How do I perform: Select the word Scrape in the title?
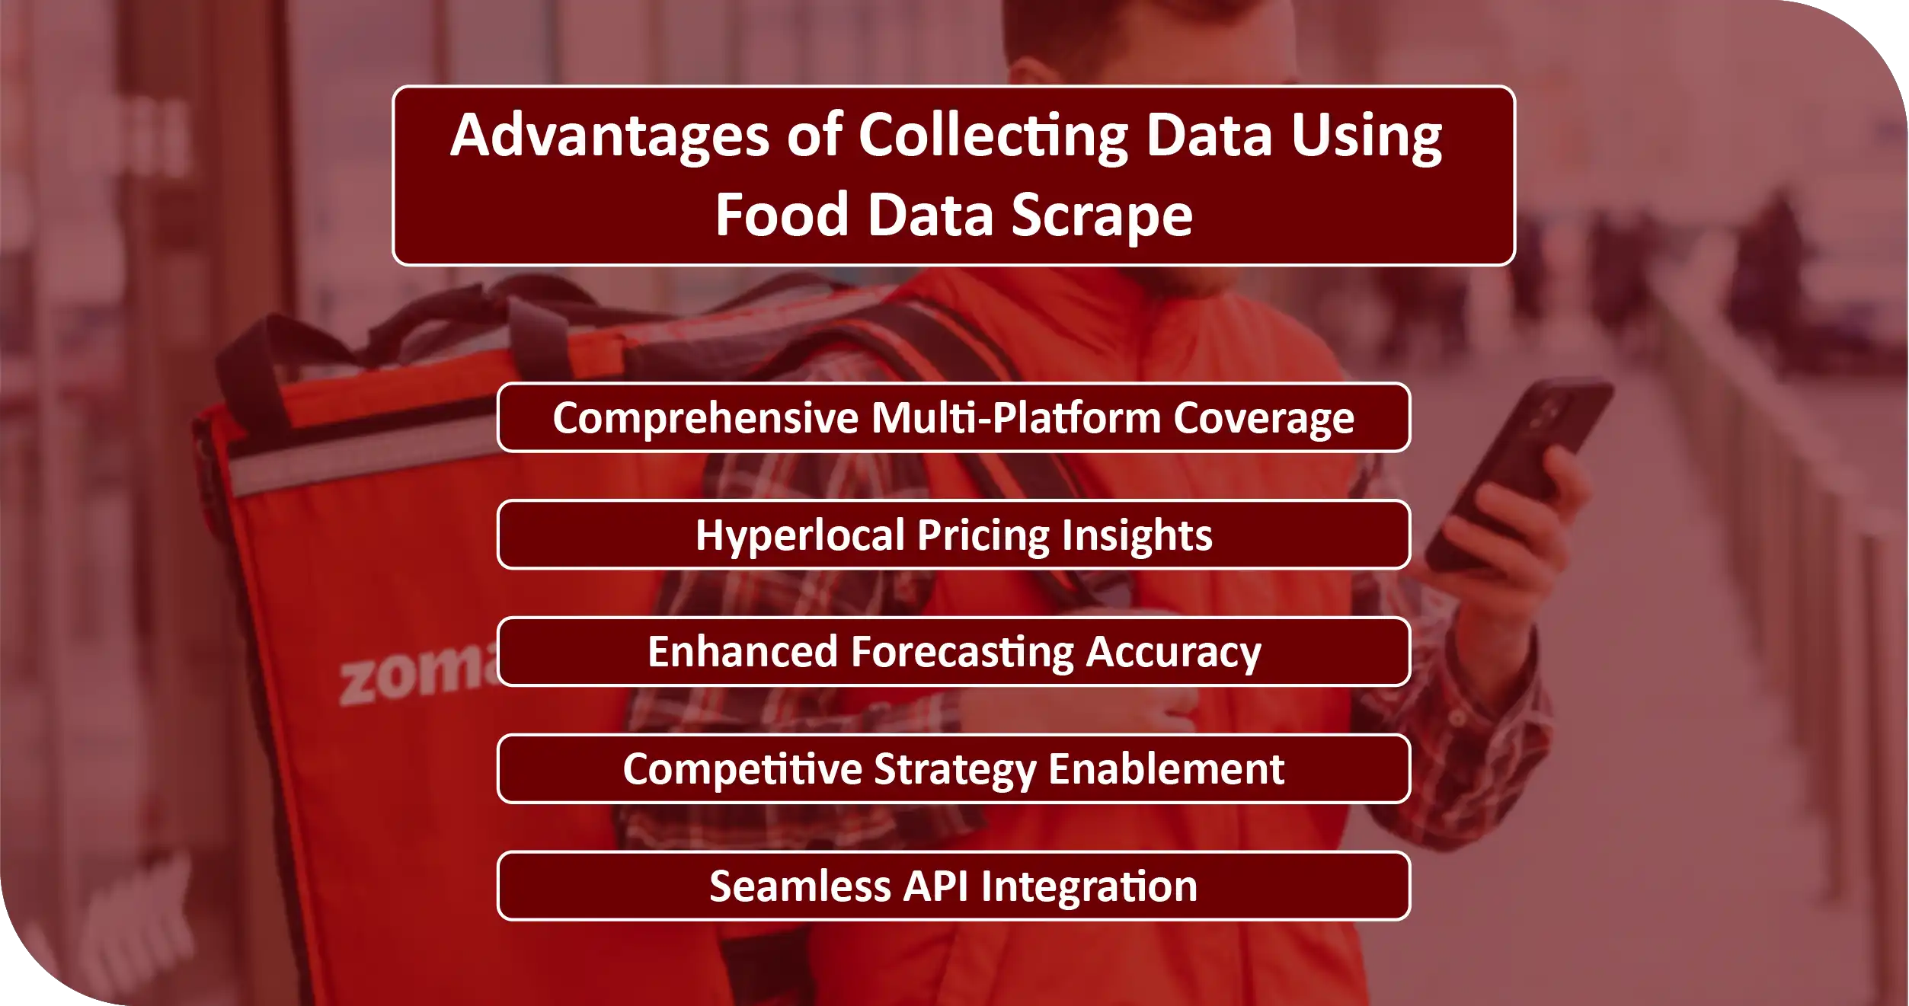[x=1102, y=216]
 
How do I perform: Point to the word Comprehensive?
[x=705, y=419]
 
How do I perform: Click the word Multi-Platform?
[x=1016, y=419]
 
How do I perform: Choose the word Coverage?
[x=1264, y=419]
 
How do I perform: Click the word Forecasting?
[x=962, y=653]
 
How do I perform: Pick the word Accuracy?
[x=1173, y=653]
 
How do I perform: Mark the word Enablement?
[x=1166, y=769]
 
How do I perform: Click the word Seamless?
[x=800, y=886]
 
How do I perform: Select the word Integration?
[x=1089, y=886]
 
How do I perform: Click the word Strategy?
[x=955, y=769]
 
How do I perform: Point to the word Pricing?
[x=983, y=535]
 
